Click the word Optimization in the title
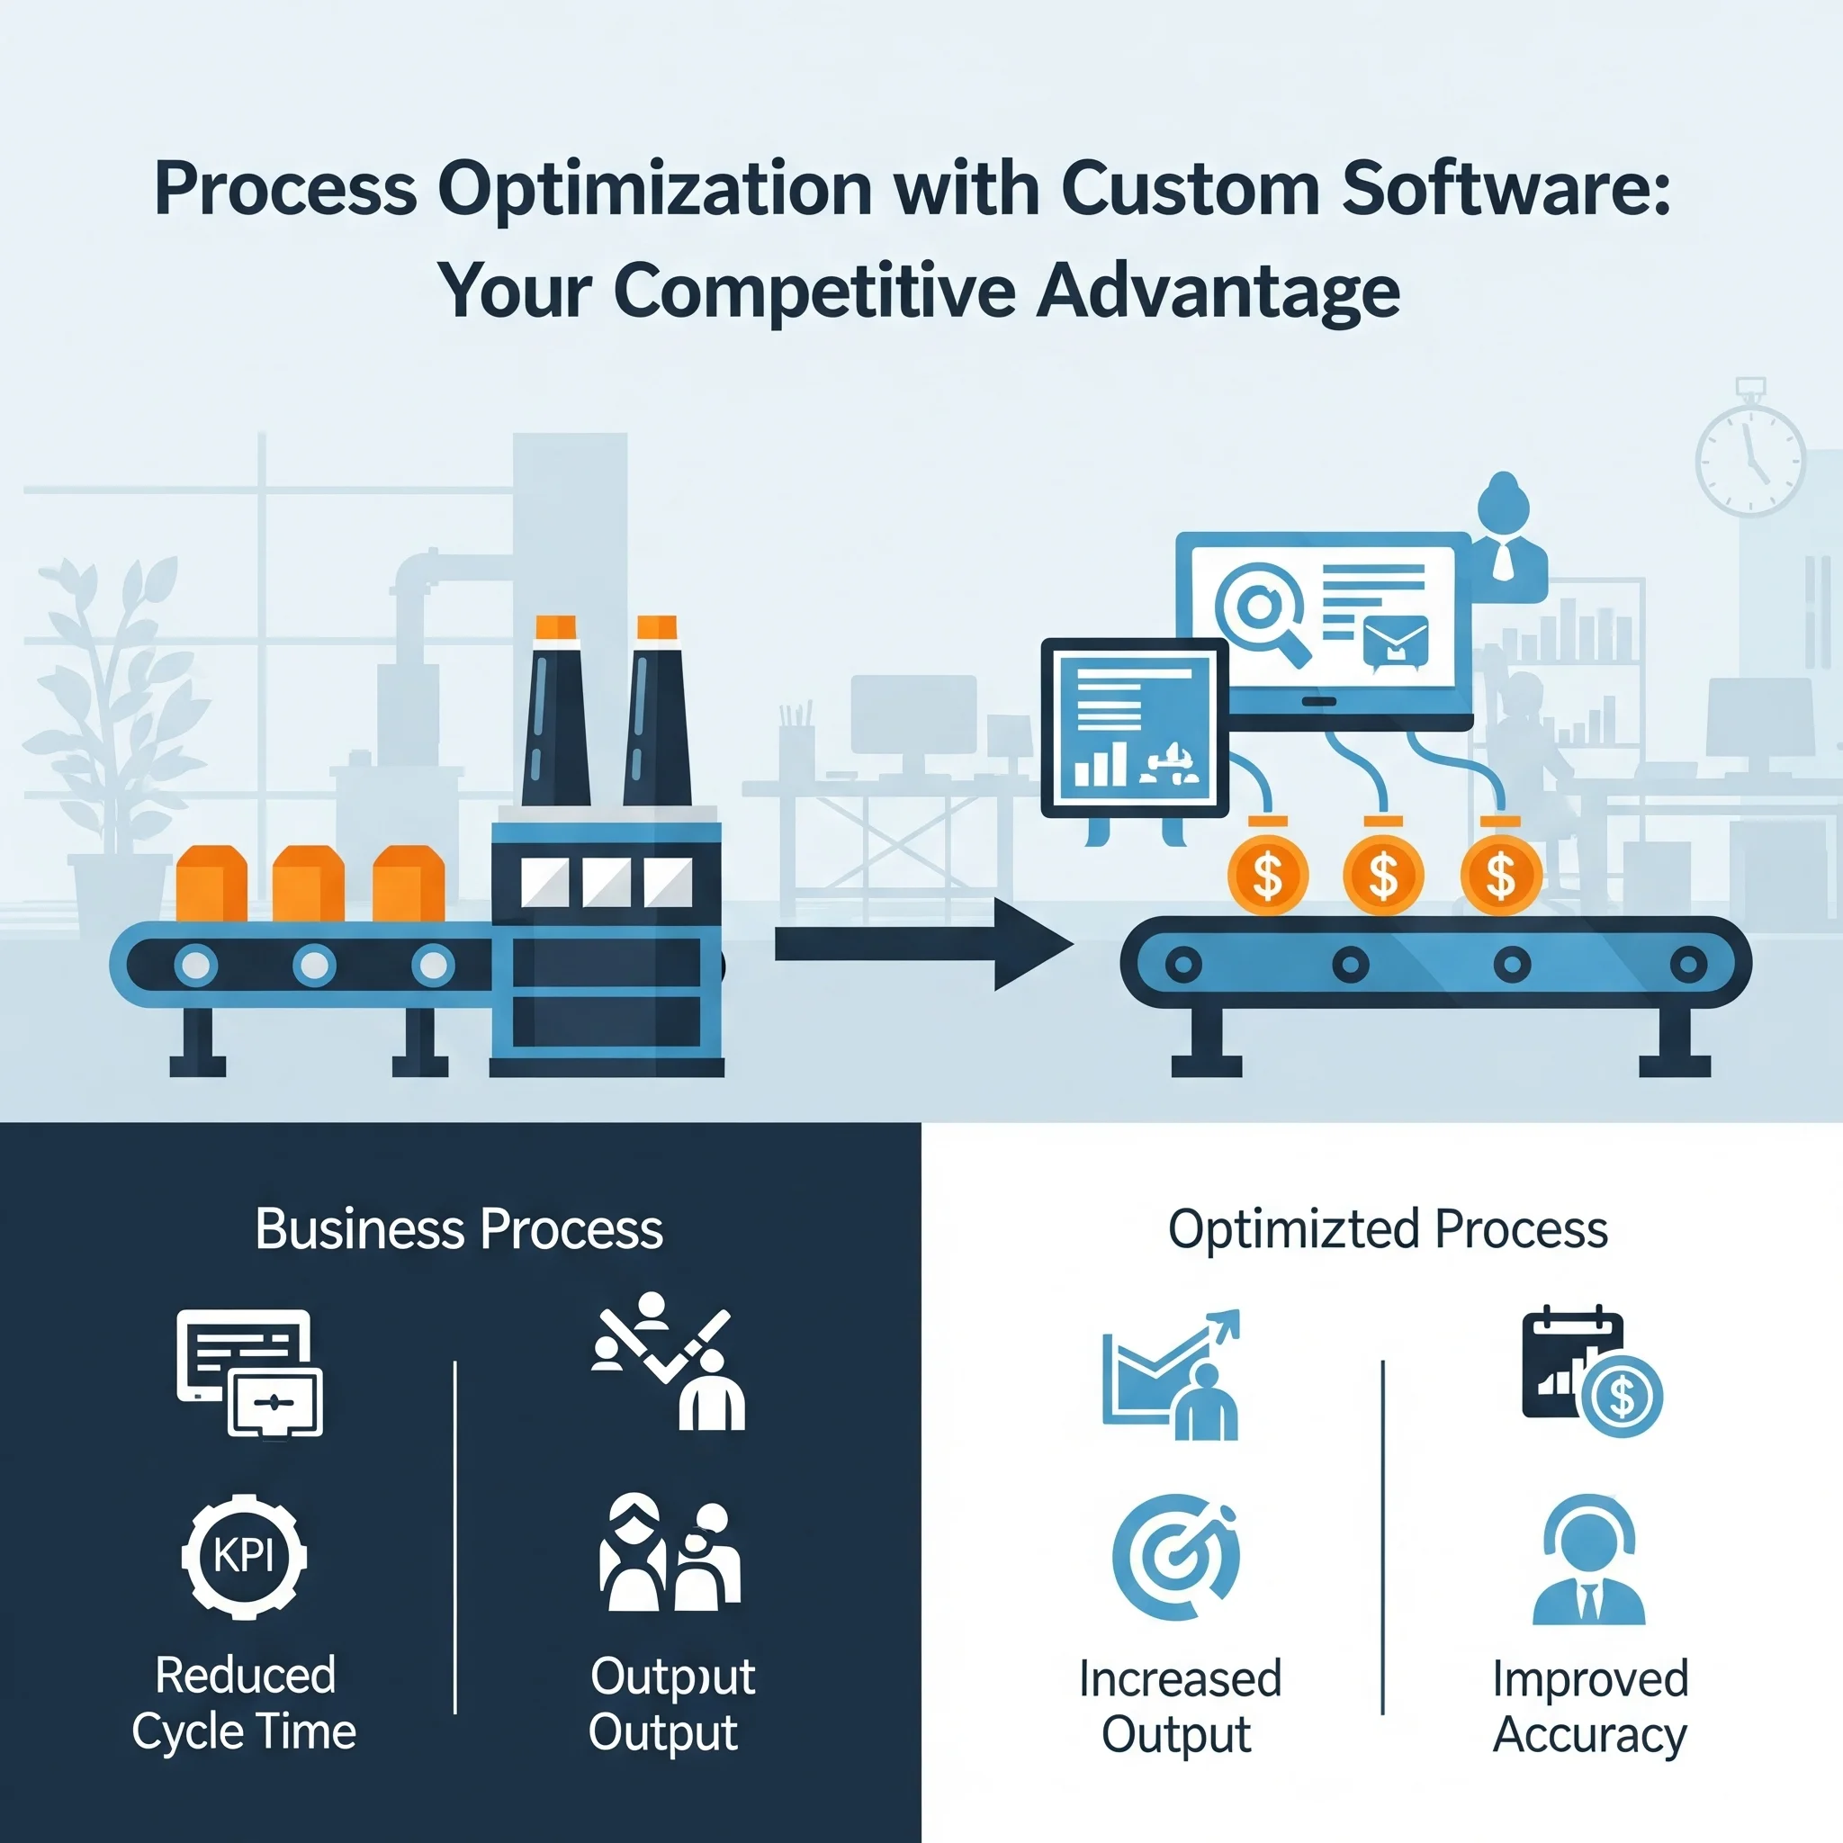tap(654, 190)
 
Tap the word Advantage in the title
tap(1218, 290)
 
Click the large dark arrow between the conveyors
tap(923, 944)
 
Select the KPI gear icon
tap(244, 1556)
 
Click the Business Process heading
tap(459, 1228)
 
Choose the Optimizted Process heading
tap(1388, 1228)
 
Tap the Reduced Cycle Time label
tap(244, 1704)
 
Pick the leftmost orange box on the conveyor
tap(211, 884)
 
